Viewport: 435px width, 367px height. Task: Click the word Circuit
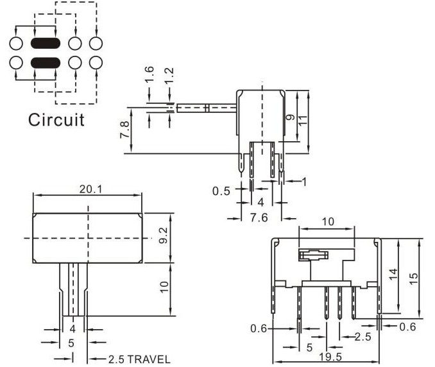point(56,120)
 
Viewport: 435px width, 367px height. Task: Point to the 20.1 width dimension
point(88,189)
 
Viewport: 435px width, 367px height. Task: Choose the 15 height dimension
point(414,278)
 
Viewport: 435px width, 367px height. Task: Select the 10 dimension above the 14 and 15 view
point(327,221)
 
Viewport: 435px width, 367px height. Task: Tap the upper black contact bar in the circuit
point(45,44)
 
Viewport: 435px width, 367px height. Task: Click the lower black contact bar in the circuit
point(45,63)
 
